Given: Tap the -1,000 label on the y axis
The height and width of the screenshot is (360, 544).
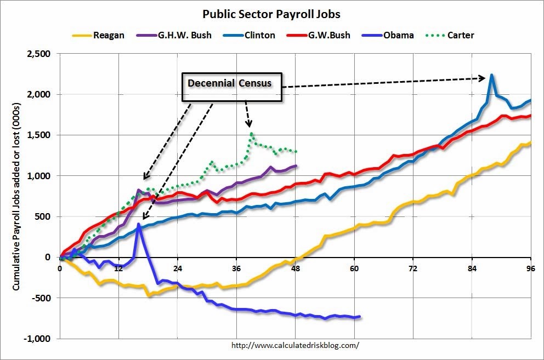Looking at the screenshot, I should (37, 339).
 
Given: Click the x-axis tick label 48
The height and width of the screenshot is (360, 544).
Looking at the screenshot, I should (295, 268).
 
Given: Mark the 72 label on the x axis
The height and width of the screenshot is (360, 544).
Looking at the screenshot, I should (413, 268).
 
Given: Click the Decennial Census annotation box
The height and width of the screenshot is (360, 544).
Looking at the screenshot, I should (232, 87).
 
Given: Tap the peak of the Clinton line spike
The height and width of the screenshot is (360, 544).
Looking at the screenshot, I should (492, 75).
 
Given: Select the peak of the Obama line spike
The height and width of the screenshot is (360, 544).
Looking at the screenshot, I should (139, 224).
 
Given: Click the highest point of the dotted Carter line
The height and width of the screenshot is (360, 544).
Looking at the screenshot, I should (251, 133).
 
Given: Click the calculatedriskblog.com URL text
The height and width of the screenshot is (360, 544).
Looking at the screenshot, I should (296, 345).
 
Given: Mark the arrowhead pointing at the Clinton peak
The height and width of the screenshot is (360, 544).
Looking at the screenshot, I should (484, 78).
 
